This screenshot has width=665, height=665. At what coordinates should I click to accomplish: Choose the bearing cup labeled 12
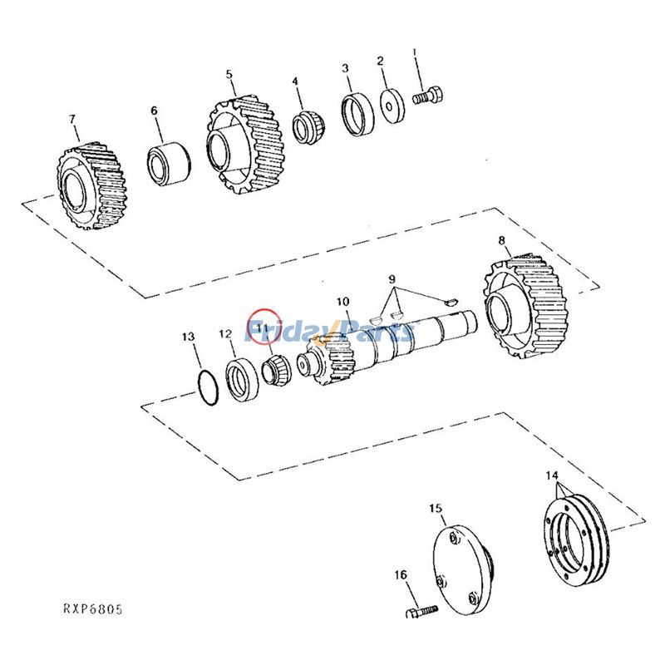(x=242, y=377)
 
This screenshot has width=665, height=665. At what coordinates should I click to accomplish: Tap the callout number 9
(x=392, y=279)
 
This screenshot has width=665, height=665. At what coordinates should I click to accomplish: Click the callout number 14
(x=552, y=475)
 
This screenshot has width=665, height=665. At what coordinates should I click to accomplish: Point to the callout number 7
(x=71, y=119)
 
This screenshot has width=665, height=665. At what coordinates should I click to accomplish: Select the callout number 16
(x=400, y=574)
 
